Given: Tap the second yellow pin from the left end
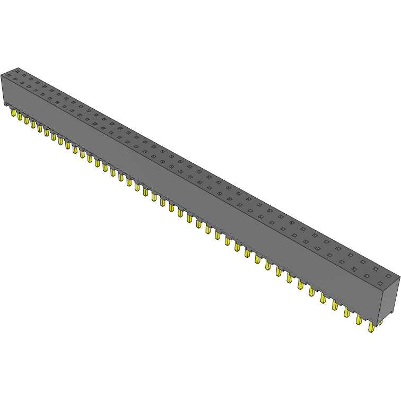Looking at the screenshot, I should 20,116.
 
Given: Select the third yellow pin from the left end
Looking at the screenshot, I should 26,120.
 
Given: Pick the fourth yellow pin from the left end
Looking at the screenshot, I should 33,124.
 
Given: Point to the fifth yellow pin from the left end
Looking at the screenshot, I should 39,128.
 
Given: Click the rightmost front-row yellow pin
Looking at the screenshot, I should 371,327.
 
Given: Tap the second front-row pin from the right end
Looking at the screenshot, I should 359,320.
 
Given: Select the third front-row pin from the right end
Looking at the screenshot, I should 347,312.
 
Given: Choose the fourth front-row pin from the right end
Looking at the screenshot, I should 335,306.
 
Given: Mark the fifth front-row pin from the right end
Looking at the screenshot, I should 323,298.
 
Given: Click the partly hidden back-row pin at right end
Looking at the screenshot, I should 380,323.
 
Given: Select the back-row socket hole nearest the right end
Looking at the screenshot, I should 389,276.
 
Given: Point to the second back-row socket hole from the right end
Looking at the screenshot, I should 376,269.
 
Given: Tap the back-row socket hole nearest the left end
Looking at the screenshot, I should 17,71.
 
